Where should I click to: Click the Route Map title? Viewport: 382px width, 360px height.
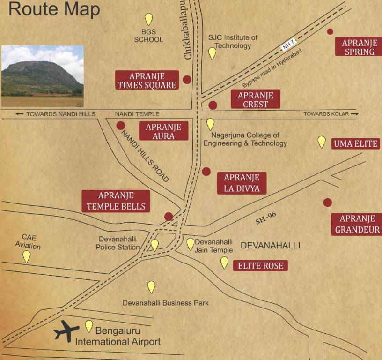[54, 10]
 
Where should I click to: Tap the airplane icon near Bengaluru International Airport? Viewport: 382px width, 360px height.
[66, 331]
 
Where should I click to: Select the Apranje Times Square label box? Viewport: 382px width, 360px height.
[147, 80]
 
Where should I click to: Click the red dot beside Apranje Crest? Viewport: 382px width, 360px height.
[213, 105]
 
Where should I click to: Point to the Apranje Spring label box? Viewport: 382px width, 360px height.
[359, 47]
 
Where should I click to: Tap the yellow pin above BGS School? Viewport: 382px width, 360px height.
[148, 19]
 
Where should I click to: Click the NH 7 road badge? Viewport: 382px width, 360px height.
[289, 44]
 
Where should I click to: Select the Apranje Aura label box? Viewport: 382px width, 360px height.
[163, 131]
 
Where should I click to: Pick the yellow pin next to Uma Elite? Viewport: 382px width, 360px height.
[322, 142]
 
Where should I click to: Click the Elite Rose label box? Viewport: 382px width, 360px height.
[260, 266]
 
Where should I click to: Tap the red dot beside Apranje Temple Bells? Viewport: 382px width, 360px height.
[169, 216]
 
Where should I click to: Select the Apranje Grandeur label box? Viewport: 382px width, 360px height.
[357, 224]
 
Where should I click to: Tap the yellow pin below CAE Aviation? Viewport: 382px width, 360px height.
[27, 256]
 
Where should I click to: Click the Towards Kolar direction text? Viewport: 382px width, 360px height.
[331, 114]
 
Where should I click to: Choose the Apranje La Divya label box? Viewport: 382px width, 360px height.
[242, 183]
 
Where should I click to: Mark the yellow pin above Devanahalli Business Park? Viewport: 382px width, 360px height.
[151, 286]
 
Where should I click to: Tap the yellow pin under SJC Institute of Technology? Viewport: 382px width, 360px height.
[212, 53]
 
